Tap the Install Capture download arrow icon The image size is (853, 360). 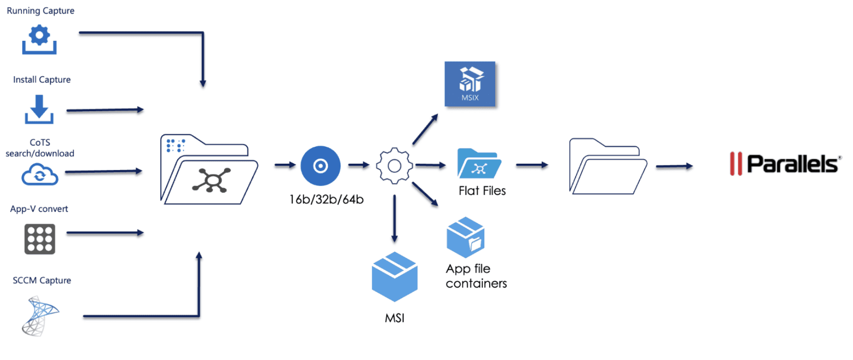[x=39, y=109]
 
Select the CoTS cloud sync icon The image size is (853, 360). [x=40, y=175]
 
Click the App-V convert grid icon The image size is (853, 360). [x=40, y=239]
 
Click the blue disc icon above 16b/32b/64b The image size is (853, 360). [x=320, y=166]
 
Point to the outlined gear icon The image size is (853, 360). [x=394, y=166]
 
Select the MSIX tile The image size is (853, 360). [x=470, y=84]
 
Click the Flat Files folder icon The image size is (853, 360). [x=479, y=164]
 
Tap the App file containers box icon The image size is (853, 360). [x=465, y=237]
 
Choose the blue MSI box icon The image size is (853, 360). [x=394, y=276]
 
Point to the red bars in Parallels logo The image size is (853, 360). [x=736, y=164]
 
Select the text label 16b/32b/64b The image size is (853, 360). [x=326, y=199]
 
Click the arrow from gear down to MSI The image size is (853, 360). [x=394, y=219]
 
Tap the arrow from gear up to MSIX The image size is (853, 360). [x=425, y=129]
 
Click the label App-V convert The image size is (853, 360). [x=39, y=209]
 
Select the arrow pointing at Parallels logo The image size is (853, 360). [x=674, y=166]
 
